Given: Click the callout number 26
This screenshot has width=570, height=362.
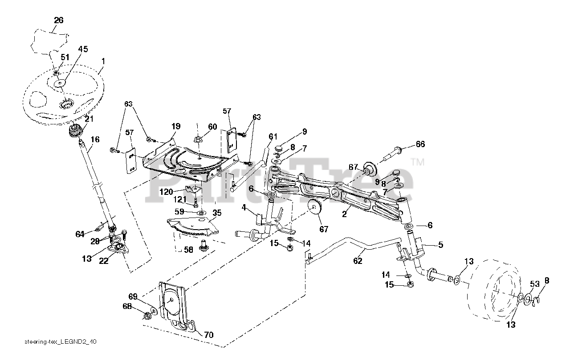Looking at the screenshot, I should coord(59,20).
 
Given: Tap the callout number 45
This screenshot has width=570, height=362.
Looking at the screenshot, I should coord(83,49).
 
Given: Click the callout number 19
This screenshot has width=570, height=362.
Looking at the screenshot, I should coord(175,126).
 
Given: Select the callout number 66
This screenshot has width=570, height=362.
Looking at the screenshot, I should coord(420,144).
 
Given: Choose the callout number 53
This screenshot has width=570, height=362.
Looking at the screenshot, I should coord(535,284).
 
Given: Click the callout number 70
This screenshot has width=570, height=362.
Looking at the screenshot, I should coord(208,334).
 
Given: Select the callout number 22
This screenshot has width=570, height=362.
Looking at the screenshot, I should coord(103,262).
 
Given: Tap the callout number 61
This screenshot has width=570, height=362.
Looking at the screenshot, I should coord(273,136).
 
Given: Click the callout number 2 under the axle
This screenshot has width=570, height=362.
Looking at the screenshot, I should coord(344,214).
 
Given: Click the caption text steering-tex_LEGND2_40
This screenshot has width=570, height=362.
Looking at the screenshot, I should coord(61,342).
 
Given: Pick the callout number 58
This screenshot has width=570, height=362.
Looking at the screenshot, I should coord(189,250).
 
